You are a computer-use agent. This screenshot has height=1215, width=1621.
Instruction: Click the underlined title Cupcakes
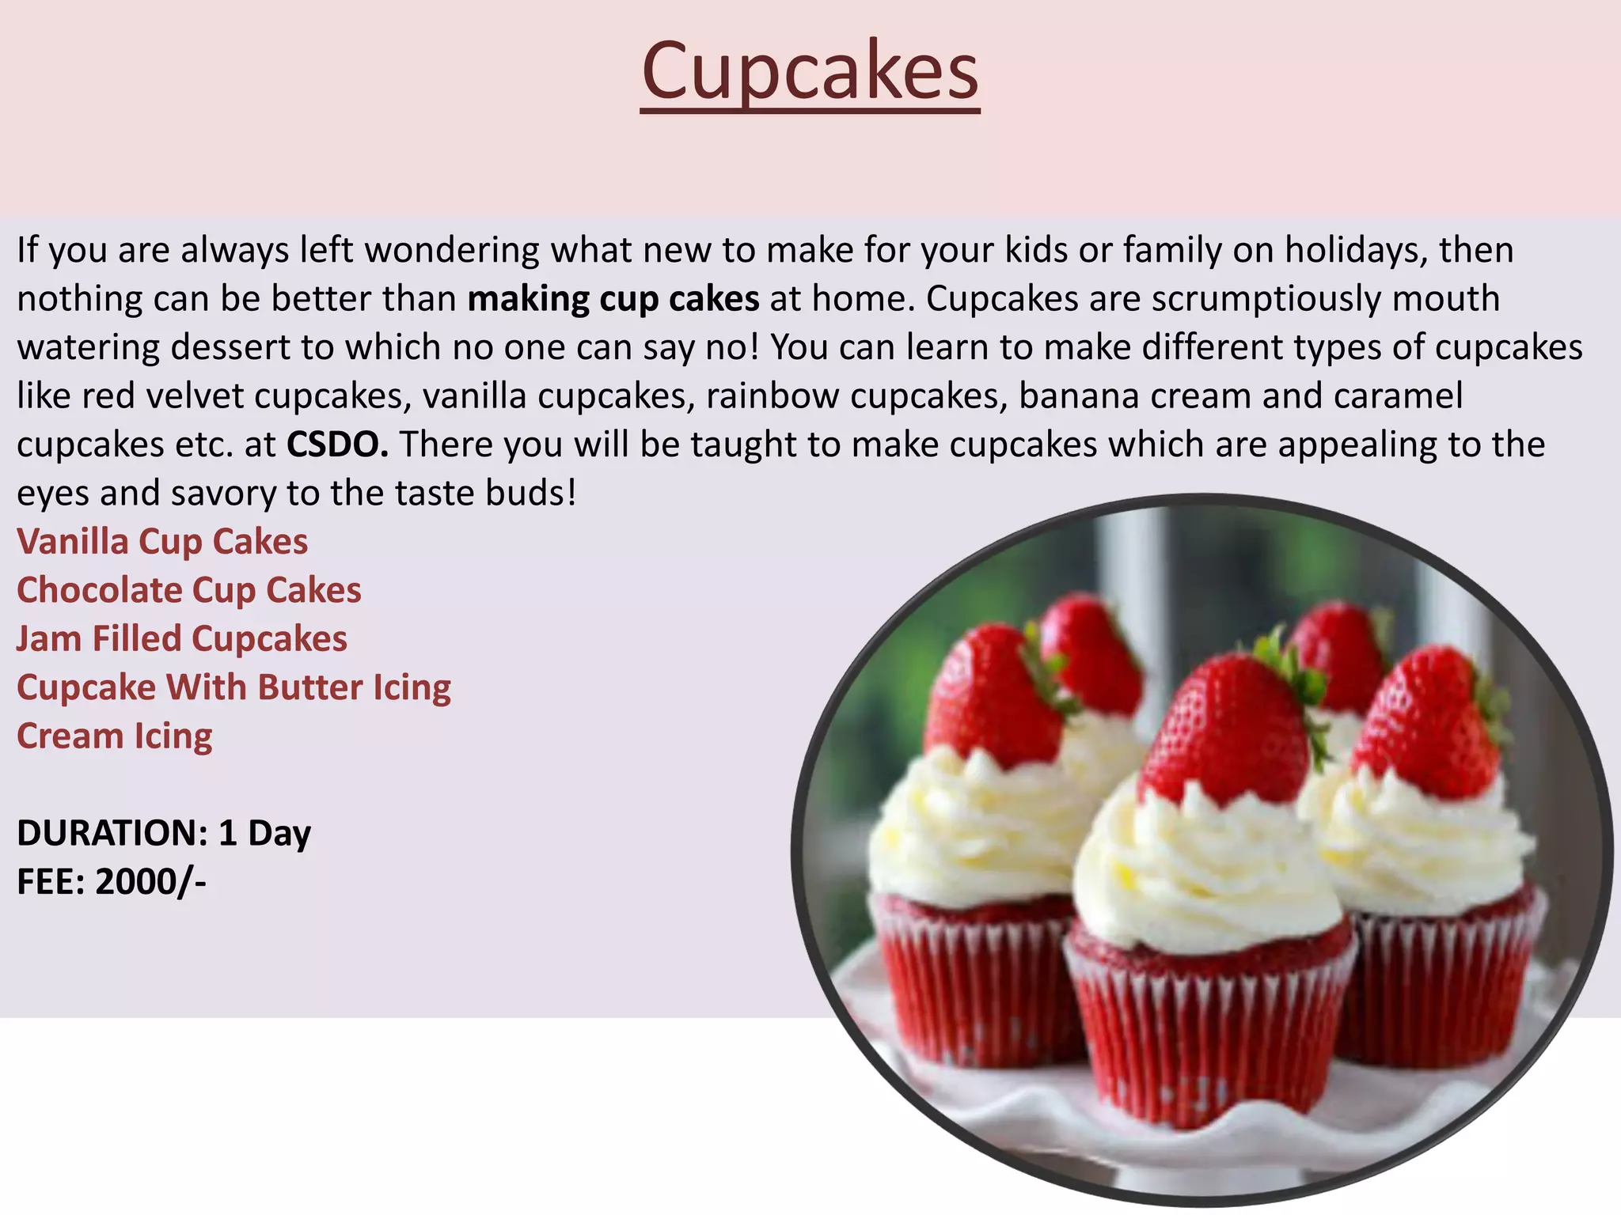click(810, 73)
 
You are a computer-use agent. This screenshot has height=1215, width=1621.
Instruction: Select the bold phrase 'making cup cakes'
click(613, 299)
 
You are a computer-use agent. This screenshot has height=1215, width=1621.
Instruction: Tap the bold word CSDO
click(337, 445)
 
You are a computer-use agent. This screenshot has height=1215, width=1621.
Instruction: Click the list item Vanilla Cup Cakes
click(162, 542)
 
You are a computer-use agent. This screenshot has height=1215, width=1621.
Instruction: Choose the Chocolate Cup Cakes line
click(189, 590)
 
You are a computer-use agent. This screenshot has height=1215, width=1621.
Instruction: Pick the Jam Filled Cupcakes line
click(182, 639)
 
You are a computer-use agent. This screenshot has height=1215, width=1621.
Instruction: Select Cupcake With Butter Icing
click(233, 687)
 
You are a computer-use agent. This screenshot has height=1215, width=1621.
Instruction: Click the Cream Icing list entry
click(115, 736)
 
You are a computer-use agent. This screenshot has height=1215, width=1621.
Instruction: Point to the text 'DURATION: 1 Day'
click(164, 833)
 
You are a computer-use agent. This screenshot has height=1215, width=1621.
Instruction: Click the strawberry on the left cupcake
click(993, 696)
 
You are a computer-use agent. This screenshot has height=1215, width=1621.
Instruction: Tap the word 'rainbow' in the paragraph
click(773, 396)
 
